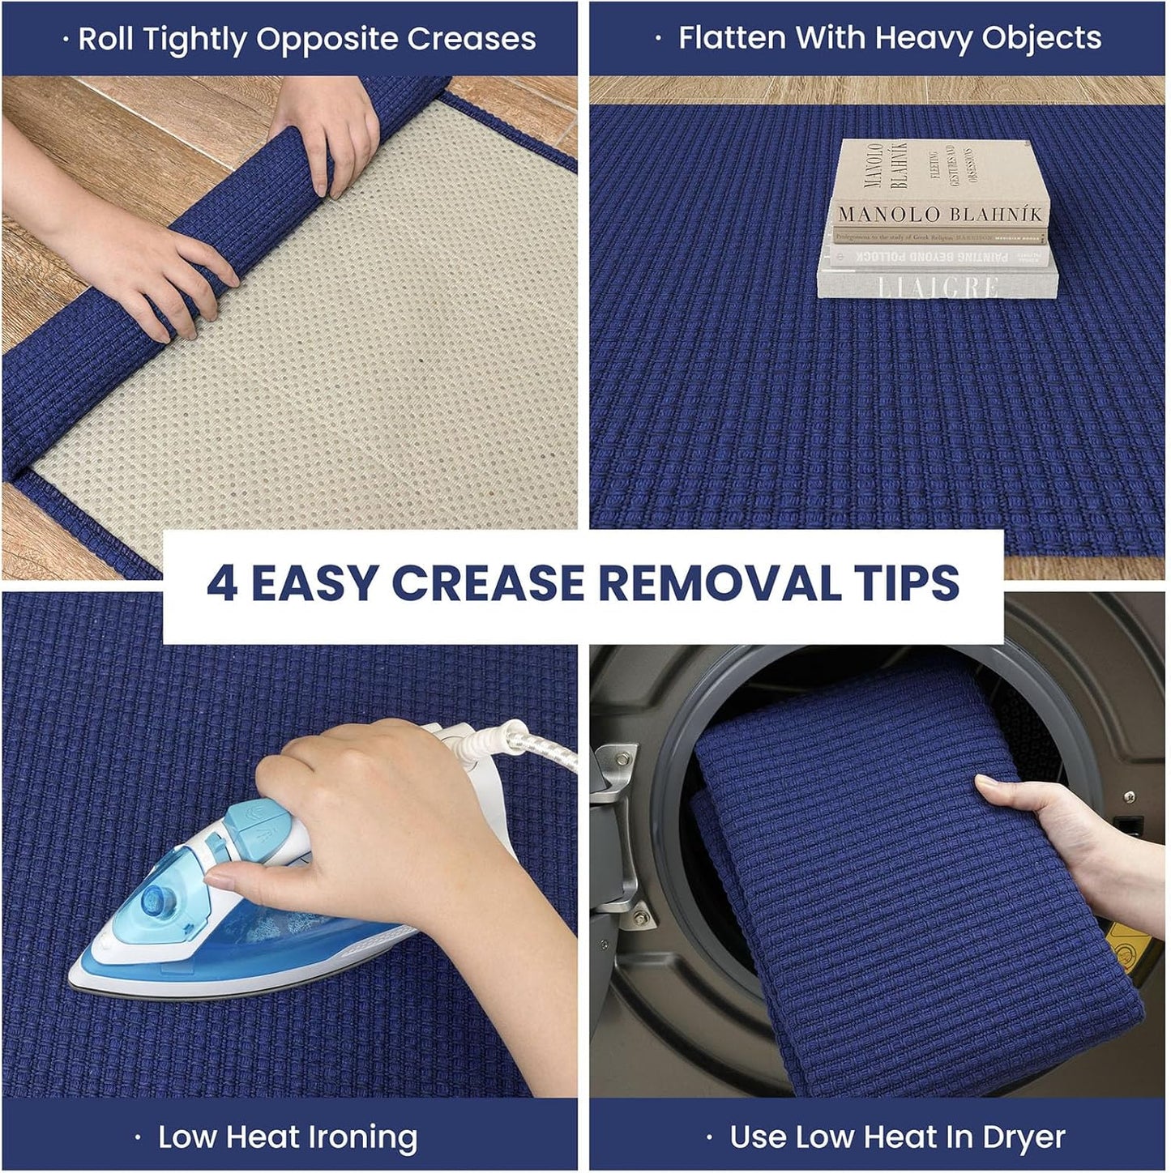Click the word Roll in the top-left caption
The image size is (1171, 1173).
pyautogui.click(x=105, y=39)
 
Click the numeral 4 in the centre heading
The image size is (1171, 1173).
pyautogui.click(x=221, y=583)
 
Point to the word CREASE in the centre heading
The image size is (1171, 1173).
pyautogui.click(x=489, y=583)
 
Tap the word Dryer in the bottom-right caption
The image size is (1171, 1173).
pyautogui.click(x=1024, y=1137)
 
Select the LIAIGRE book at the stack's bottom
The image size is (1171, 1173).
pyautogui.click(x=938, y=286)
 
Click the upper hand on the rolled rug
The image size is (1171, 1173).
pyautogui.click(x=328, y=138)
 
